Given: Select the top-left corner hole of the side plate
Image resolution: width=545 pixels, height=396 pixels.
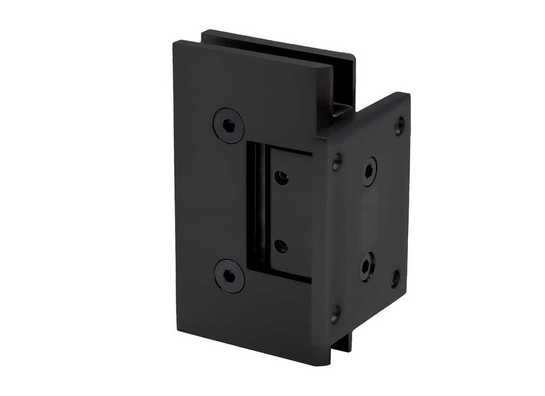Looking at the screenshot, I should (337, 160).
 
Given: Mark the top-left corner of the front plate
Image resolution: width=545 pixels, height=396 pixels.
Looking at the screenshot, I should (177, 42).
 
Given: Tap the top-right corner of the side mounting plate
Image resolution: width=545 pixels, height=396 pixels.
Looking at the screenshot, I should (408, 95).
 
